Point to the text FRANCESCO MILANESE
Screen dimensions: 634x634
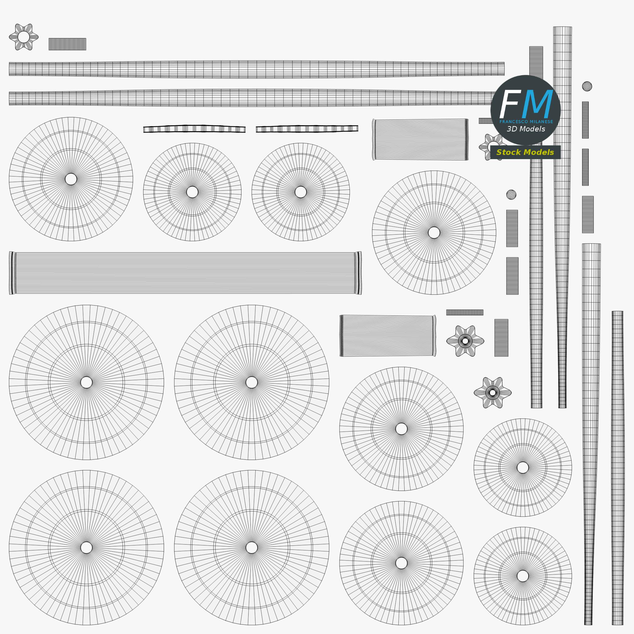(526, 122)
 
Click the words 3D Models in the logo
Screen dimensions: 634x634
(526, 129)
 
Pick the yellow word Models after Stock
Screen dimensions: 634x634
(538, 152)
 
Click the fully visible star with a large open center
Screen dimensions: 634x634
(24, 37)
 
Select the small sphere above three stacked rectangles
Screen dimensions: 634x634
(587, 86)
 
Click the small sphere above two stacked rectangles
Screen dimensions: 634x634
(511, 195)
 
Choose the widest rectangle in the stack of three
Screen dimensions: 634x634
(588, 215)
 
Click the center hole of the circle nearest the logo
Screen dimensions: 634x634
(434, 233)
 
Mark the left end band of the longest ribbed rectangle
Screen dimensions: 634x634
(12, 273)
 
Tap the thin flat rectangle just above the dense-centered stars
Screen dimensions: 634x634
(465, 312)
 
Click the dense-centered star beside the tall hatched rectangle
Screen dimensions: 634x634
(465, 341)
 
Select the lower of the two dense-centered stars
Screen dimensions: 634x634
(493, 393)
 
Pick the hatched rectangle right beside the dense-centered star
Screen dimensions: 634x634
(502, 338)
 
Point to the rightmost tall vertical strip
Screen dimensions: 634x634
(618, 468)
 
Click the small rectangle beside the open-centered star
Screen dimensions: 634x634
(67, 44)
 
